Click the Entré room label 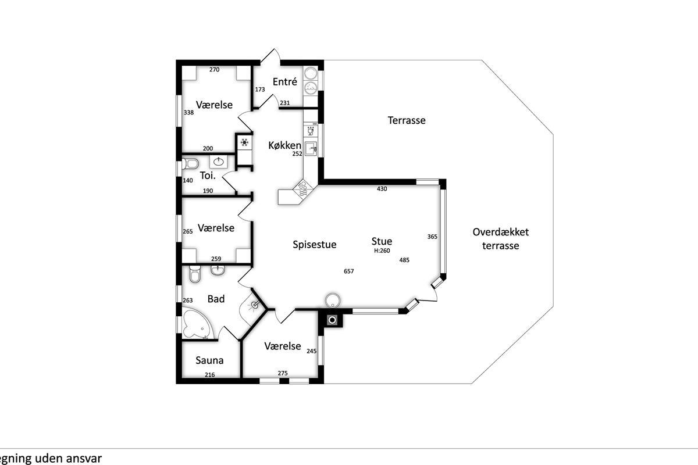click(x=284, y=81)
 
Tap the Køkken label click(x=285, y=145)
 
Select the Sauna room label click(x=209, y=360)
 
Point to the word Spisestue click(x=315, y=245)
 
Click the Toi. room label click(x=208, y=176)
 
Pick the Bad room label click(x=216, y=299)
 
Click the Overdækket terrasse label click(x=500, y=239)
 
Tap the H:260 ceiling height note click(x=382, y=251)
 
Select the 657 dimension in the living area click(x=348, y=271)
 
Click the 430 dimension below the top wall click(x=382, y=189)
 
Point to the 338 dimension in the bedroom click(x=188, y=112)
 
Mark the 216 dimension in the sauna click(x=210, y=375)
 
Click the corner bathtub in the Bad click(x=197, y=324)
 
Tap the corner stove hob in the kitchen click(x=303, y=189)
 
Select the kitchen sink click(x=311, y=149)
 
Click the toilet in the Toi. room click(x=190, y=163)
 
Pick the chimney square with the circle click(x=333, y=320)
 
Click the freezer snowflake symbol click(x=245, y=142)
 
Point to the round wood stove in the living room click(x=333, y=301)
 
